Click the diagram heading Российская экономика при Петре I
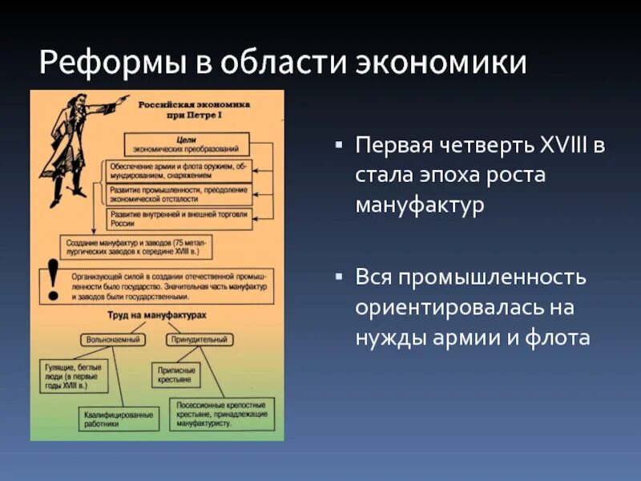click(195, 110)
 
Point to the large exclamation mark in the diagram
click(54, 277)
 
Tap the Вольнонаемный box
click(111, 339)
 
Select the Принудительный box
click(198, 339)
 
